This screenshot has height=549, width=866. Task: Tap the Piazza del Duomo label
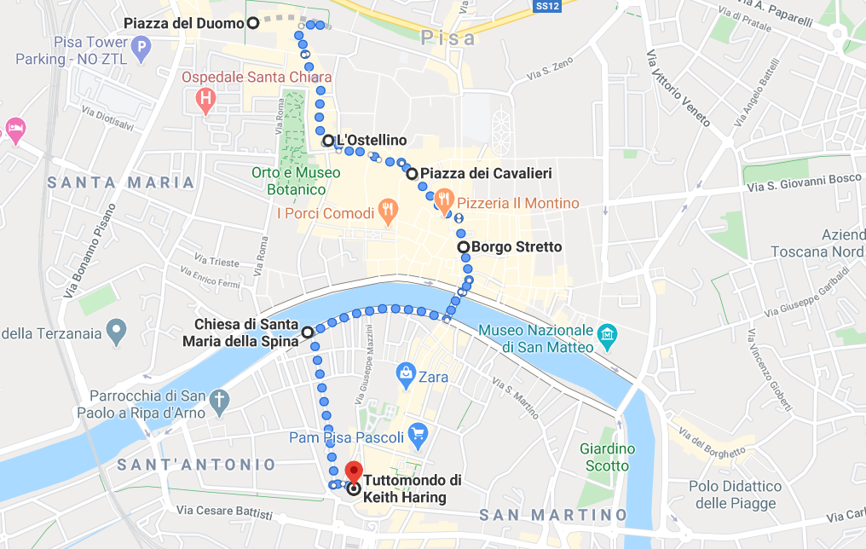point(183,23)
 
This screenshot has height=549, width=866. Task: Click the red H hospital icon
point(205,101)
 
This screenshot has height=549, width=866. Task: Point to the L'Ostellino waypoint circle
point(328,141)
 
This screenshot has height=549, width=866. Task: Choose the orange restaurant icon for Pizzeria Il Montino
point(442,200)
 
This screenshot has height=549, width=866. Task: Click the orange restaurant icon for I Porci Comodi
point(387,210)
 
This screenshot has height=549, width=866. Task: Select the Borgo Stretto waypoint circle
point(464,247)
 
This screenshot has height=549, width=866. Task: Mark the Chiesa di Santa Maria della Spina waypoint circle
point(307,331)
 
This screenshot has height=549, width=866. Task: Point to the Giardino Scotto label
point(607,457)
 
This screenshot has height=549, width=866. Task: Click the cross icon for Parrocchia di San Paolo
point(220,400)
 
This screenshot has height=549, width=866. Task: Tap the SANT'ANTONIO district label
point(197,465)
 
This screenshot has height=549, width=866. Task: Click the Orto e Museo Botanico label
point(296,181)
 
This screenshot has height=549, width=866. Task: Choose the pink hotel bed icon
point(15,130)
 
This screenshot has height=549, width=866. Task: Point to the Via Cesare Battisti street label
point(225,513)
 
